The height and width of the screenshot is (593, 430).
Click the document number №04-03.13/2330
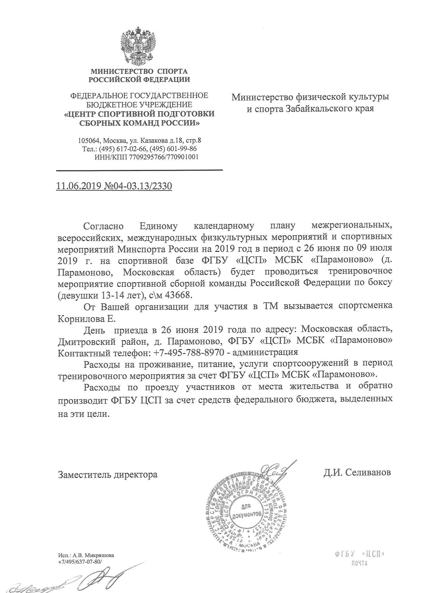[x=138, y=186]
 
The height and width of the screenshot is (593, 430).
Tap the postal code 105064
[x=89, y=141]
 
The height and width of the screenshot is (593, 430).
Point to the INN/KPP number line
[x=147, y=157]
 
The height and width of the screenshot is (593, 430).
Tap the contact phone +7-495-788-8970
[x=189, y=352]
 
